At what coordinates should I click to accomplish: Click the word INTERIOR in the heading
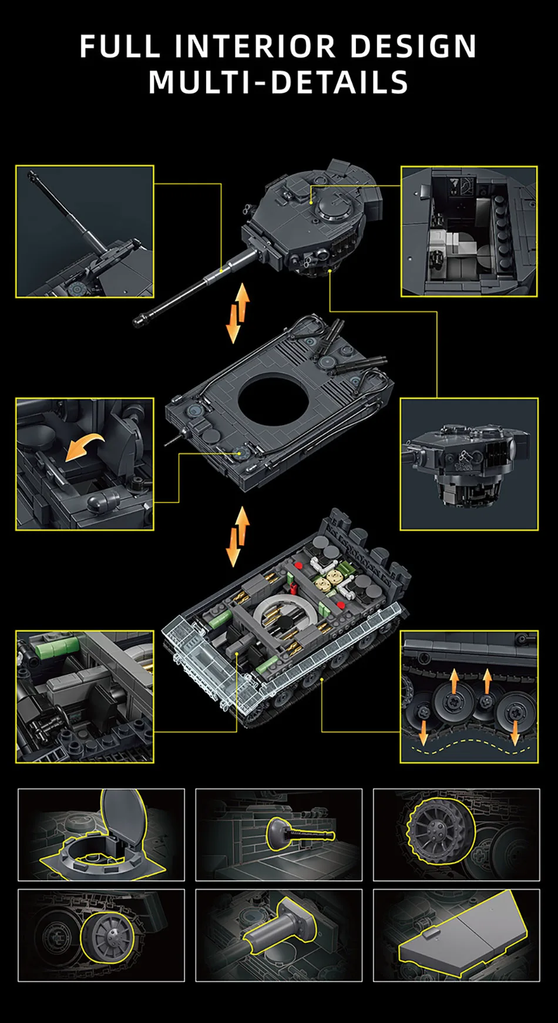pyautogui.click(x=256, y=46)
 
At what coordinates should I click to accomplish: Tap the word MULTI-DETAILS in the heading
pyautogui.click(x=278, y=82)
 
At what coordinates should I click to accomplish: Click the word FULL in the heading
pyautogui.click(x=120, y=46)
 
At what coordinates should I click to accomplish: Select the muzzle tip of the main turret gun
pyautogui.click(x=140, y=320)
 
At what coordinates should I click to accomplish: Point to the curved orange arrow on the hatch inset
pyautogui.click(x=84, y=447)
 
